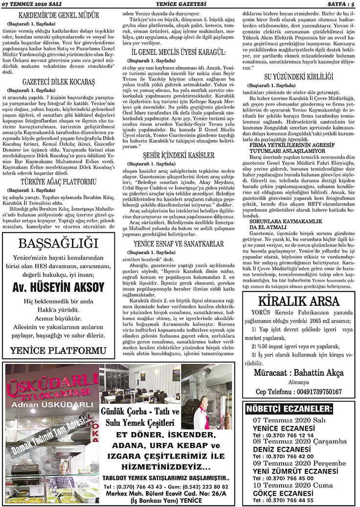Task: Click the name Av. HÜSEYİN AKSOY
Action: click(58, 287)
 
